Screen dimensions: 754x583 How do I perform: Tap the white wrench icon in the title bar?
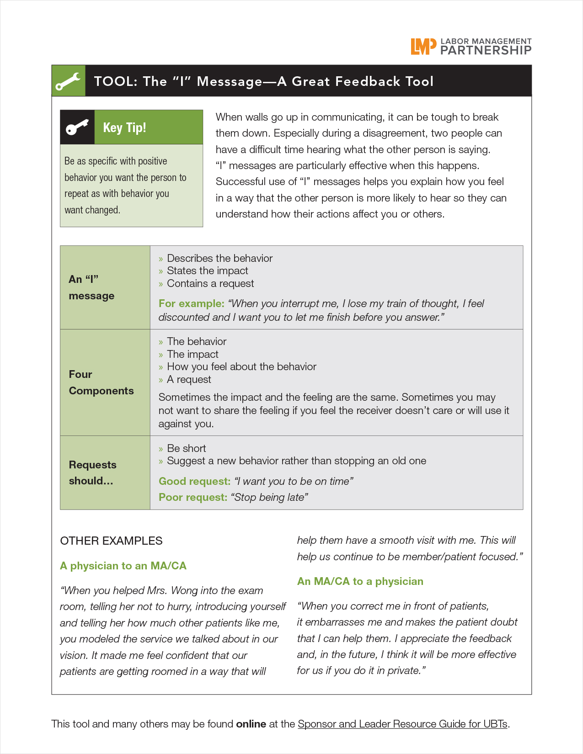[68, 81]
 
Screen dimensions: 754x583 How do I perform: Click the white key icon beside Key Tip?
[77, 127]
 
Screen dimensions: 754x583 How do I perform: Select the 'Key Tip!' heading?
[124, 127]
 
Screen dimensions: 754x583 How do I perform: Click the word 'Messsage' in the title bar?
[230, 81]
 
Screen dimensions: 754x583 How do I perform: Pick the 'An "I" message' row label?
[91, 287]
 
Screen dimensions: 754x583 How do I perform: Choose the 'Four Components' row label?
[101, 382]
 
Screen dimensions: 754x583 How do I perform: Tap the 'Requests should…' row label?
[92, 473]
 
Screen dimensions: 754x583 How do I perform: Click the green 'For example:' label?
[191, 303]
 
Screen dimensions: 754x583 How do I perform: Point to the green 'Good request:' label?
[194, 481]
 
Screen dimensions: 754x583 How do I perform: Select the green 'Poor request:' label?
[193, 497]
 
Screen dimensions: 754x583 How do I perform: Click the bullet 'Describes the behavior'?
[219, 258]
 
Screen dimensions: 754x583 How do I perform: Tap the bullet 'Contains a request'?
[210, 283]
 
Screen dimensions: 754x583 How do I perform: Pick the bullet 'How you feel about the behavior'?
[241, 366]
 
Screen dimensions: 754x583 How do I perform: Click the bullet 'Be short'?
[186, 448]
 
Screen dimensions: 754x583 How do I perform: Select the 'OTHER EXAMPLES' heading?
[111, 541]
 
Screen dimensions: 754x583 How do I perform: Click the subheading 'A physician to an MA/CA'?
[123, 566]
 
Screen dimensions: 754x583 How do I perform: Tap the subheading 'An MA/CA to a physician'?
[360, 581]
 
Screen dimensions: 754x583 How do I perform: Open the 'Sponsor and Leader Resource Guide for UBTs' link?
[402, 724]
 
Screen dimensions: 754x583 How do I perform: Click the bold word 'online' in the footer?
[251, 724]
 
